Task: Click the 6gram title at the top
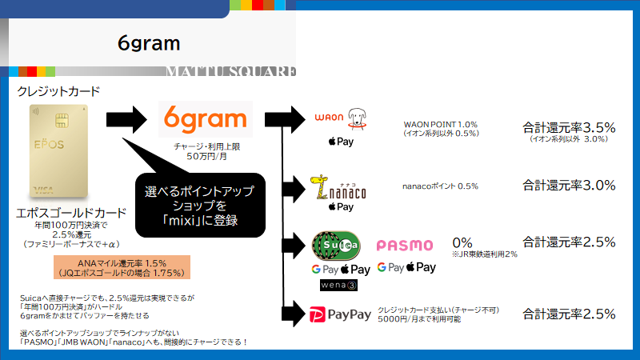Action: click(x=149, y=43)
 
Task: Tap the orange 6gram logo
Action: click(x=206, y=118)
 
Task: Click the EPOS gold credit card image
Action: click(x=58, y=151)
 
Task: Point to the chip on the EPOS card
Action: click(x=62, y=121)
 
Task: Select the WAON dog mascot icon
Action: click(x=357, y=118)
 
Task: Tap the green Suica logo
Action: click(x=336, y=246)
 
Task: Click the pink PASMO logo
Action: click(x=405, y=246)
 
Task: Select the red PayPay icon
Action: click(x=318, y=314)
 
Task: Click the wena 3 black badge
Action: click(x=338, y=285)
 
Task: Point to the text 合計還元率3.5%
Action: click(x=569, y=128)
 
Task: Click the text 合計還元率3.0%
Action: click(x=569, y=186)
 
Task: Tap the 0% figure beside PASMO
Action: click(x=462, y=243)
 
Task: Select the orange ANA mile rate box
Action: click(x=122, y=267)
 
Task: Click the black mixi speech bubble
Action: click(x=200, y=206)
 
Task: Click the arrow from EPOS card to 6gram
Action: click(x=126, y=119)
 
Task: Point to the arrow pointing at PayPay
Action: click(x=294, y=314)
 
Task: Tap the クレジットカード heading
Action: click(x=58, y=91)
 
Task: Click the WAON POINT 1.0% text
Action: click(x=441, y=125)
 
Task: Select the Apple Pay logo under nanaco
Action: click(x=341, y=207)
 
